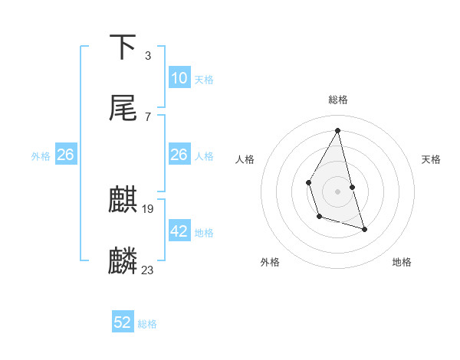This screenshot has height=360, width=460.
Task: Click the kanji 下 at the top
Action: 123,47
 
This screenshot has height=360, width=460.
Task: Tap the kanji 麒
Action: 123,200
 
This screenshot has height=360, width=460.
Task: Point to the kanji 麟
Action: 123,261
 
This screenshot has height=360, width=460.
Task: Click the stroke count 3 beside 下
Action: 147,55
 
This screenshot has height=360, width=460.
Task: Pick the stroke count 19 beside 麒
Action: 148,208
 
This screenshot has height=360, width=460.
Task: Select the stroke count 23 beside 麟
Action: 148,270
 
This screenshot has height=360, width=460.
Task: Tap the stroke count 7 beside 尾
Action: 147,116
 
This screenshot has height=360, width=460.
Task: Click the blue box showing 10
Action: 179,78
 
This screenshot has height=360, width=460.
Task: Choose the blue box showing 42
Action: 179,231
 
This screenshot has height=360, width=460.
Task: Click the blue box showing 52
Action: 123,322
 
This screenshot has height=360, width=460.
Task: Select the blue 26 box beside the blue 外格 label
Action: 65,155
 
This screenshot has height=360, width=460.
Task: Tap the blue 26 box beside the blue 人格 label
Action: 179,155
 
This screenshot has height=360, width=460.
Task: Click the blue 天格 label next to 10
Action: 204,80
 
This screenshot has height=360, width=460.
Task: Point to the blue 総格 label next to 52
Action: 147,324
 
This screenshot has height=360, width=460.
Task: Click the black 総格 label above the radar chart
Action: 338,100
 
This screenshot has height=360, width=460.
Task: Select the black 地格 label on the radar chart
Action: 402,262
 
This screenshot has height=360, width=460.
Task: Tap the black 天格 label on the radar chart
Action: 431,159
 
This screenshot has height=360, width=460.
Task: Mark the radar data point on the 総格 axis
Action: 338,130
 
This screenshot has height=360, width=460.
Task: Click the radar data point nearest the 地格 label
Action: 364,229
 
